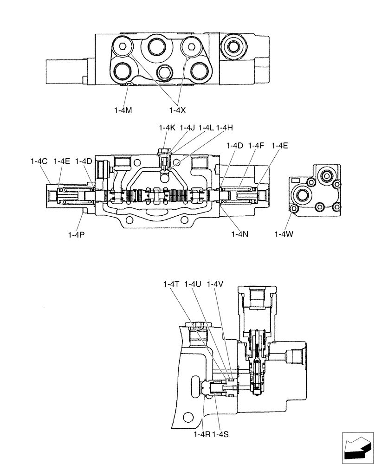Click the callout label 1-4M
click(123, 110)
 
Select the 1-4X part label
click(178, 110)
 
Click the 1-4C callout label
click(39, 161)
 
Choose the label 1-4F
click(256, 146)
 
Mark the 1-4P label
click(76, 234)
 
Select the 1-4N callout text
click(240, 234)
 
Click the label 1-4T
click(172, 284)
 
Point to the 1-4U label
click(193, 284)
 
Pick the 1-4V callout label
click(215, 284)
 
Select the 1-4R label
click(202, 434)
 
